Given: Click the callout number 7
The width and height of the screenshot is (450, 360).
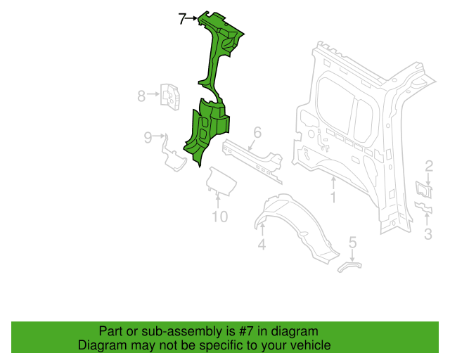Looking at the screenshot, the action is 182,19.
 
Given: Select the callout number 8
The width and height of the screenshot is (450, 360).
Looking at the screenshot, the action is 141,96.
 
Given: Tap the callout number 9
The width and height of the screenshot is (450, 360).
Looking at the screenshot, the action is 148,138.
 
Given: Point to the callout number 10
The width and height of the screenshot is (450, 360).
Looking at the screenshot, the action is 220,217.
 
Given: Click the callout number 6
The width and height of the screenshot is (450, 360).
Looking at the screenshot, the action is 257,133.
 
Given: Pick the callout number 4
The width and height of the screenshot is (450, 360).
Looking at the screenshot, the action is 262,244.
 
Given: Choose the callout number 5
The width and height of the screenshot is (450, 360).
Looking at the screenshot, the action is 353,242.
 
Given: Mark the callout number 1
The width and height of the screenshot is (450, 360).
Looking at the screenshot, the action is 333,197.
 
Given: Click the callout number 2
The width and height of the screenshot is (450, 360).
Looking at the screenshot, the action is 429,166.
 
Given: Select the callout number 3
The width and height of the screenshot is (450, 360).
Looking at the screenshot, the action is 428,234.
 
